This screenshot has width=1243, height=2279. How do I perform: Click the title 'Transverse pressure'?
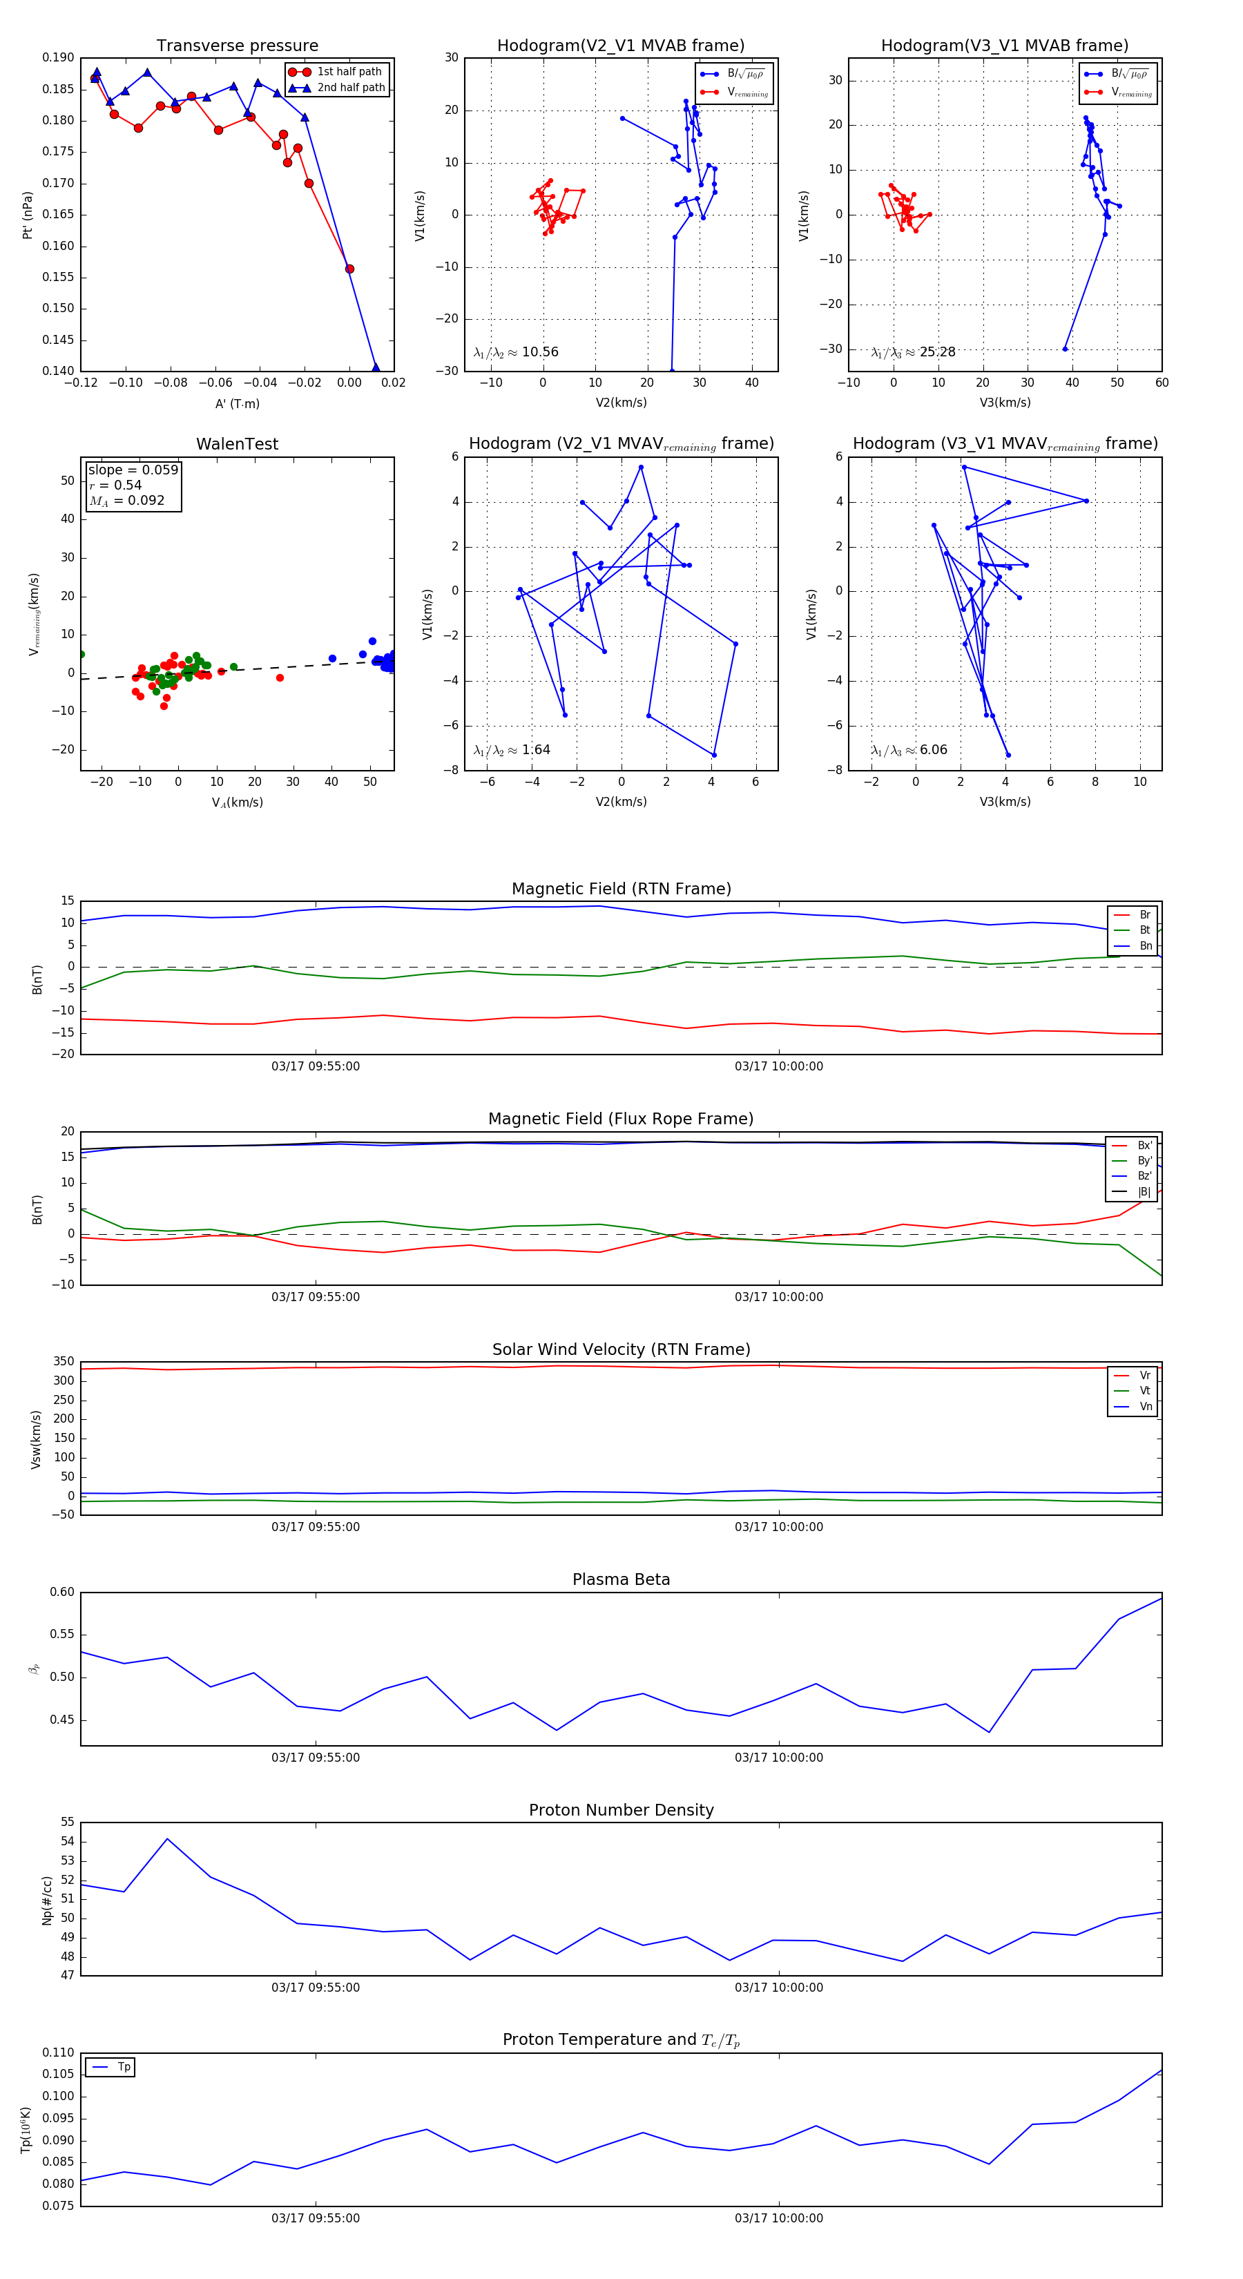237,46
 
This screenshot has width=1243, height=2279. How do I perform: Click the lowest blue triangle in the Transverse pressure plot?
375,367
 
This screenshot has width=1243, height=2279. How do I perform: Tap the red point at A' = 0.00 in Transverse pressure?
349,269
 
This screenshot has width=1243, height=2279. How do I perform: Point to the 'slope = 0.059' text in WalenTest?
133,470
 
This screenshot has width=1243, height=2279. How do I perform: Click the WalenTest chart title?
237,444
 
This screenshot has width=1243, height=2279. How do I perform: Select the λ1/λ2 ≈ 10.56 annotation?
516,352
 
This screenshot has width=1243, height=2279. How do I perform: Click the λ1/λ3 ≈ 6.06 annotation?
909,750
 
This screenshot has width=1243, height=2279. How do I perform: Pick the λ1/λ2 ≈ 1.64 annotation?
511,750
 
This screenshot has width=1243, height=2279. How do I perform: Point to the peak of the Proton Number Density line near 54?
167,1838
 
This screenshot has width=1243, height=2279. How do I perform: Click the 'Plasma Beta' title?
621,1579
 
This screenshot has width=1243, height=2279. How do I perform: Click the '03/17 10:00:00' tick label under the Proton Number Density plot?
778,1987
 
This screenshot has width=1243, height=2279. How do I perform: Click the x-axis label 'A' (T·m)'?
237,403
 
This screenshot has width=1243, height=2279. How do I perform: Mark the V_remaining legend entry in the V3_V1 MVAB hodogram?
1132,92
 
